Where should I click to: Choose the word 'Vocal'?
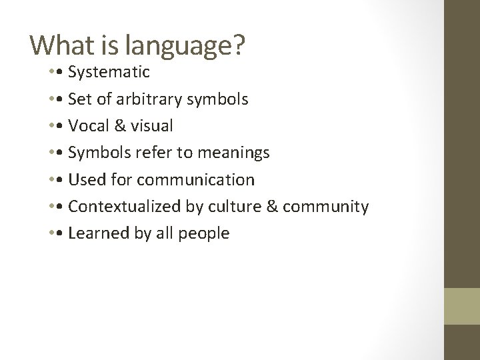pyautogui.click(x=89, y=126)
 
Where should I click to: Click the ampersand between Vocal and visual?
pyautogui.click(x=119, y=126)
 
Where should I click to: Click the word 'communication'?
pyautogui.click(x=207, y=179)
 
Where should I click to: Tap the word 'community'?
pyautogui.click(x=325, y=207)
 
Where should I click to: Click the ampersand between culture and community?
pyautogui.click(x=272, y=207)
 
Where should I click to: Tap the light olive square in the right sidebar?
pyautogui.click(x=462, y=306)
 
